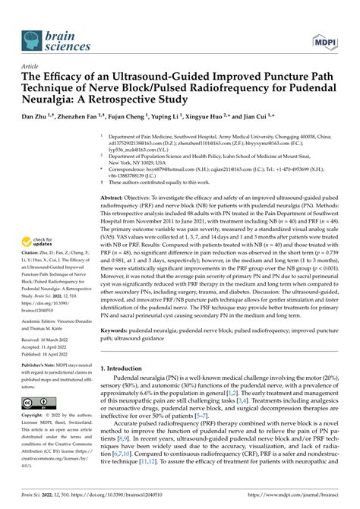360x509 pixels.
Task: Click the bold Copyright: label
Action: pos(38,438)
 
